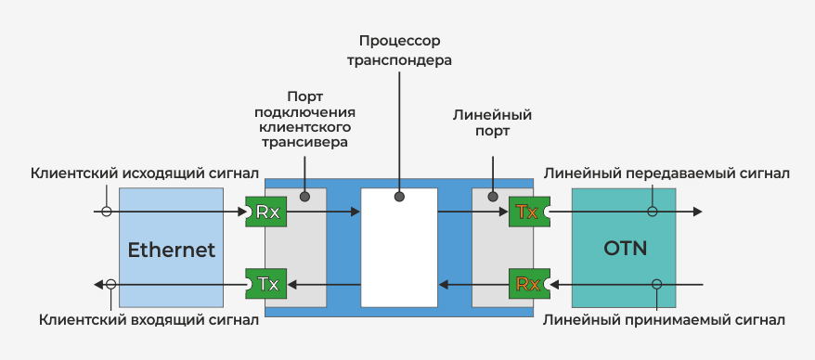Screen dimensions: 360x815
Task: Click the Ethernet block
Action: point(171,249)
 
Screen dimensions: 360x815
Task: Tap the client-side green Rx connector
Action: point(267,212)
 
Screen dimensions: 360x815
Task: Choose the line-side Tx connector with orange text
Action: point(528,212)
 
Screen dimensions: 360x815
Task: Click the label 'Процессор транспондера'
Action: point(398,51)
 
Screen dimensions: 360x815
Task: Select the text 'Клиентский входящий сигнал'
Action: point(149,320)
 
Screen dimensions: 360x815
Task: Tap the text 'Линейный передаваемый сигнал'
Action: point(666,173)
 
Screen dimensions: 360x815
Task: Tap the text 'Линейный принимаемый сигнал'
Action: point(665,320)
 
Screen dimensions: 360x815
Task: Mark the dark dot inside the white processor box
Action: point(399,197)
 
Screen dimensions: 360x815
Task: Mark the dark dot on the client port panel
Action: point(304,197)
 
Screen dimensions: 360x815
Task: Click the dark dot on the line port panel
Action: point(492,197)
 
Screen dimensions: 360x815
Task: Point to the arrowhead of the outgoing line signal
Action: point(697,212)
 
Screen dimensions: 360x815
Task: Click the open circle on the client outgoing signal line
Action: point(107,212)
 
